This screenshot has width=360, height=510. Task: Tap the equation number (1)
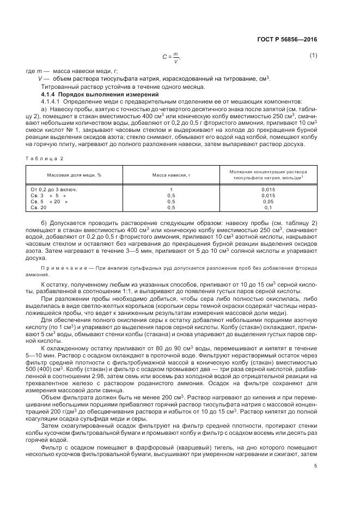click(x=313, y=55)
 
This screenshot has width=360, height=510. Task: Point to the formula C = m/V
click(x=170, y=56)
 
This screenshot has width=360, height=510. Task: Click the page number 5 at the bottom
click(x=315, y=465)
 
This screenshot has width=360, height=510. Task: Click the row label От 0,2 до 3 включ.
click(x=54, y=189)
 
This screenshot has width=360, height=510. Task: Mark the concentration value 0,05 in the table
click(x=268, y=202)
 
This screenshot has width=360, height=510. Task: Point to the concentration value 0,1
click(x=268, y=208)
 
